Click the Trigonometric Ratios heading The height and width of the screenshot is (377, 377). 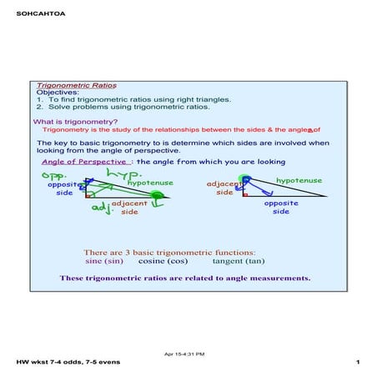[77, 85]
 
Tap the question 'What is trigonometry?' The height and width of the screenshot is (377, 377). [75, 122]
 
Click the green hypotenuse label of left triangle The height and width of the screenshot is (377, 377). [150, 182]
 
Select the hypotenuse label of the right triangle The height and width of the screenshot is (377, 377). [299, 179]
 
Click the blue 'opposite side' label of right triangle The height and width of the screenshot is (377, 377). [280, 207]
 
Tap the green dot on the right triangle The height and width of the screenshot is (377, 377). [245, 178]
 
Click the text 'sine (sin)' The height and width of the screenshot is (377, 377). [103, 260]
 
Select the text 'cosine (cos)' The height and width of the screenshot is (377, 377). [163, 260]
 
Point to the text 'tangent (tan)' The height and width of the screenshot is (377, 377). [240, 260]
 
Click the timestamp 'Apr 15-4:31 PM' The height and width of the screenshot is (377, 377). [188, 354]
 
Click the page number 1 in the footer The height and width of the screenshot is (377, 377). [356, 363]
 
